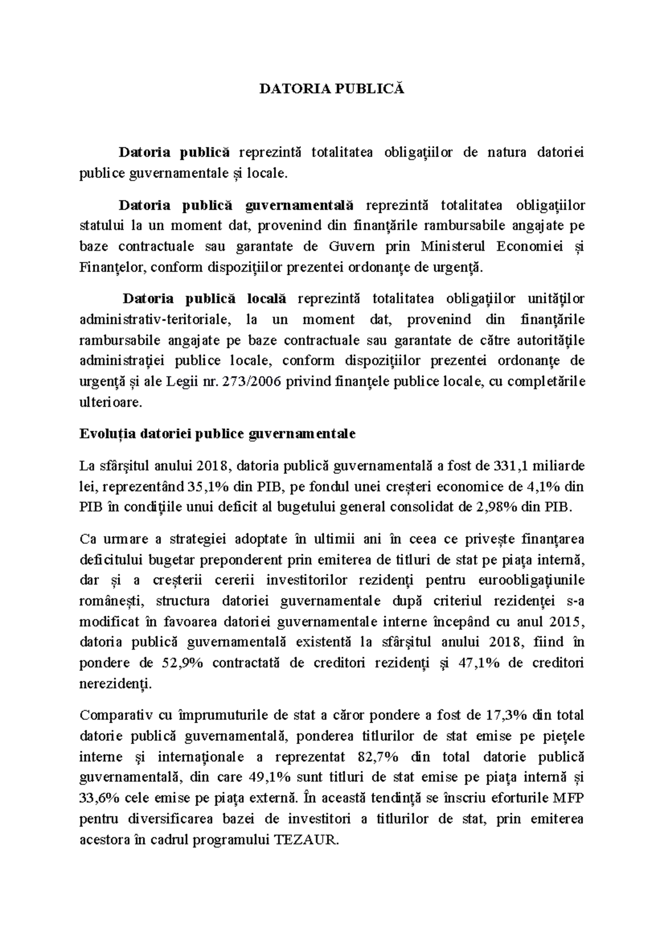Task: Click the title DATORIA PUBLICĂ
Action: coord(332,89)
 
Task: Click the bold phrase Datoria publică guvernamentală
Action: coord(236,205)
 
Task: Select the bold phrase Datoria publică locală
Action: coord(204,299)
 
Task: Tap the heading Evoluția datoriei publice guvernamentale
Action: coord(217,434)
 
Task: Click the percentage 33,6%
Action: coord(101,798)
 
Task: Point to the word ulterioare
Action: coord(111,403)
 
